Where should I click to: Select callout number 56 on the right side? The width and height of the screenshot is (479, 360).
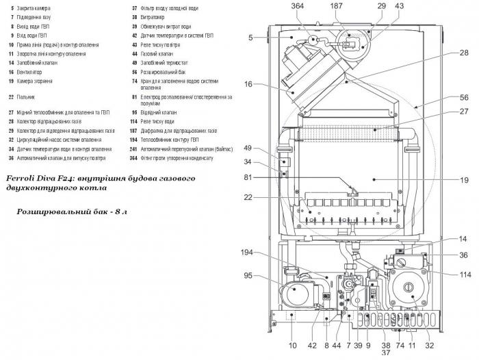click(445, 98)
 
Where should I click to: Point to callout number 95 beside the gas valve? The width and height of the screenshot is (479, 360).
click(248, 277)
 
